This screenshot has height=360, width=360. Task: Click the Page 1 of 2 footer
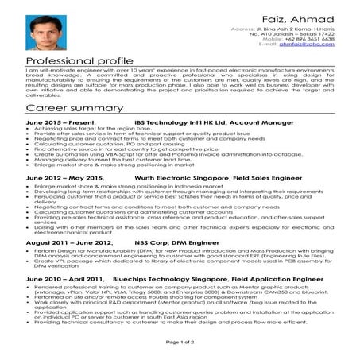coord(180,341)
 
